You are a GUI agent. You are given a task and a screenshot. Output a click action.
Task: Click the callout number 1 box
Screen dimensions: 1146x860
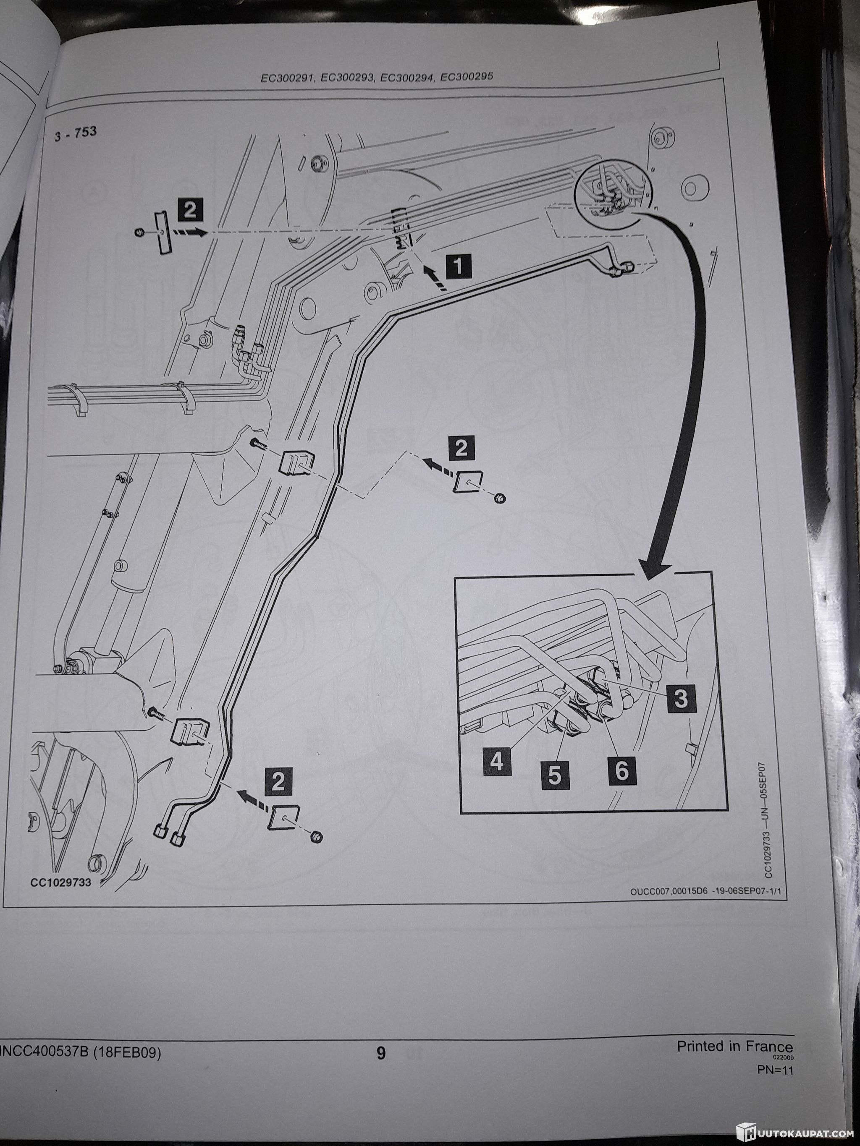pyautogui.click(x=457, y=267)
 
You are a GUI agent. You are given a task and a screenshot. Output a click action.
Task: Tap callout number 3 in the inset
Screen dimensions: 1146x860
pyautogui.click(x=681, y=698)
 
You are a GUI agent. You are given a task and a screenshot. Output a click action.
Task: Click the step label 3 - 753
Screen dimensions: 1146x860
pyautogui.click(x=75, y=134)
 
